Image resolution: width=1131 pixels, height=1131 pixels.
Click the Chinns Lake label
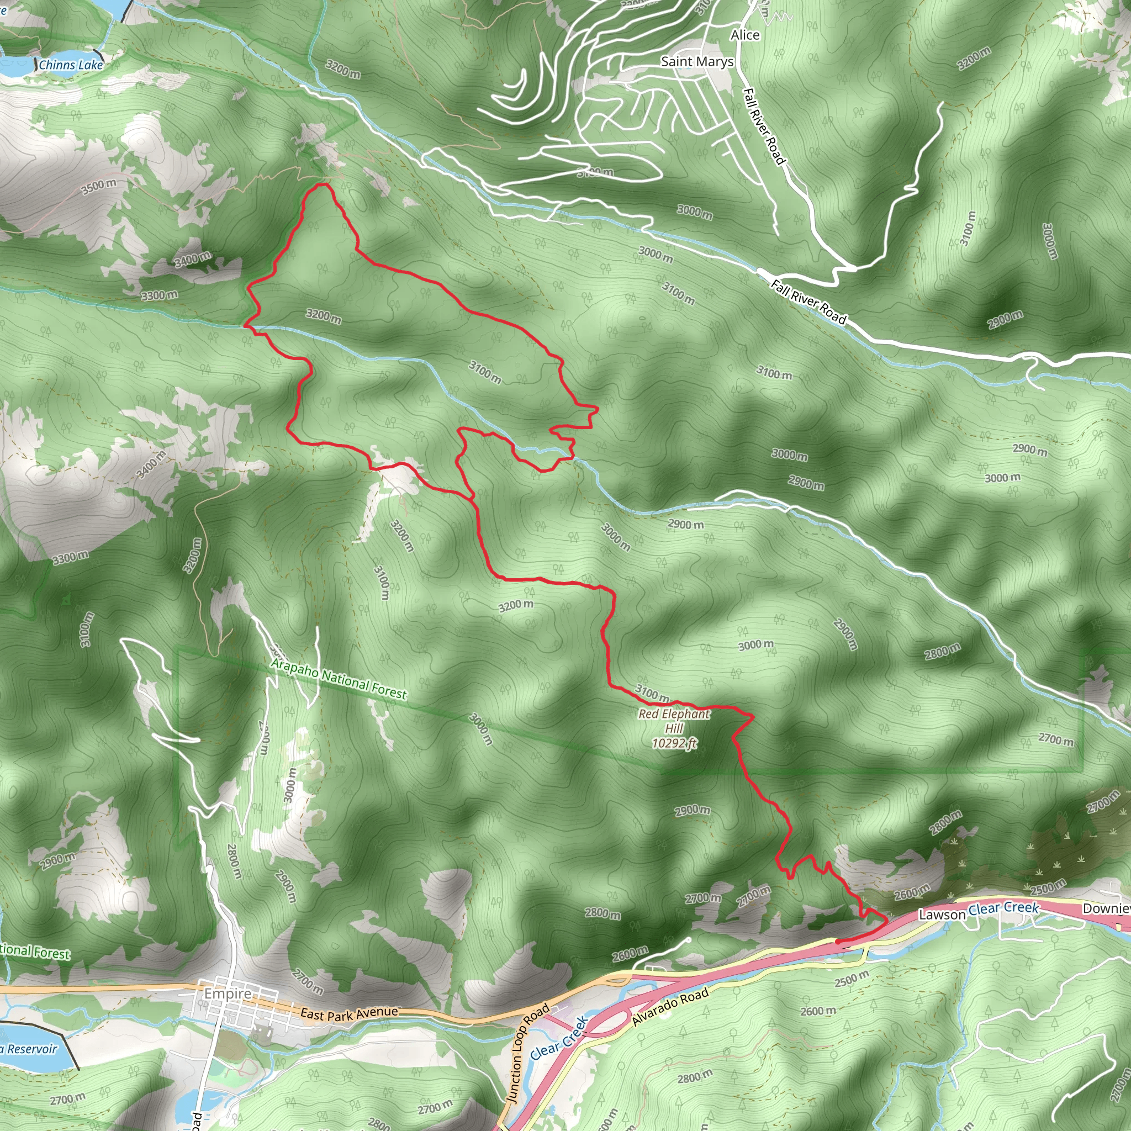pyautogui.click(x=71, y=65)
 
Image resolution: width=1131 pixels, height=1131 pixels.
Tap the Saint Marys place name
pyautogui.click(x=696, y=61)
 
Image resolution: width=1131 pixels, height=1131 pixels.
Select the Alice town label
pyautogui.click(x=744, y=35)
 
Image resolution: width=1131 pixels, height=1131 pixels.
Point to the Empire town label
pyautogui.click(x=228, y=993)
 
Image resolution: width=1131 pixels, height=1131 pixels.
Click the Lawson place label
pyautogui.click(x=942, y=915)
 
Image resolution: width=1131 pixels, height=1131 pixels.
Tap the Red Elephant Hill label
pyautogui.click(x=674, y=721)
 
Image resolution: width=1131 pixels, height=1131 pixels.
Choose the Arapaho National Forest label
pyautogui.click(x=339, y=679)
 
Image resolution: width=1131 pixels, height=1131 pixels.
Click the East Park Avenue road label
pyautogui.click(x=349, y=1013)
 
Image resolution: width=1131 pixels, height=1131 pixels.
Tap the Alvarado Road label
pyautogui.click(x=670, y=1006)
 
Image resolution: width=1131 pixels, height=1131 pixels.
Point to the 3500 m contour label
pyautogui.click(x=98, y=187)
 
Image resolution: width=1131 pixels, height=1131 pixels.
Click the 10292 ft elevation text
pyautogui.click(x=674, y=743)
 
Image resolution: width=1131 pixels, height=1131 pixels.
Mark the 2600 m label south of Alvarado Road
pyautogui.click(x=818, y=1011)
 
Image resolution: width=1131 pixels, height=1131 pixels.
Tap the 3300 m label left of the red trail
pyautogui.click(x=159, y=295)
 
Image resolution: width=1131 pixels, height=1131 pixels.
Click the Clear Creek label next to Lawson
pyautogui.click(x=1003, y=908)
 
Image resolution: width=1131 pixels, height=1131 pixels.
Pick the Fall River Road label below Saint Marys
pyautogui.click(x=763, y=125)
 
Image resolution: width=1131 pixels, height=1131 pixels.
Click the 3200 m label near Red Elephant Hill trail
pyautogui.click(x=516, y=605)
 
